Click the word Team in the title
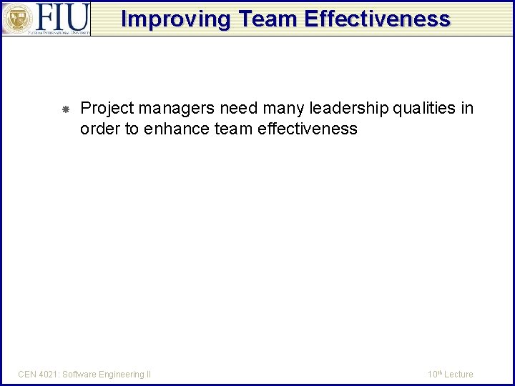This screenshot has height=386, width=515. point(265,19)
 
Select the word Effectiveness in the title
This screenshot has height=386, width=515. point(377,19)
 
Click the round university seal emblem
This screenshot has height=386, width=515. point(17,19)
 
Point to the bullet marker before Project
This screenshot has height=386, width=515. point(64,109)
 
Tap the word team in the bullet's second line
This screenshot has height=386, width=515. point(234,129)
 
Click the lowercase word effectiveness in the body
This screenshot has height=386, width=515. point(308,129)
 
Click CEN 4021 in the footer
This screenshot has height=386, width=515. point(37,374)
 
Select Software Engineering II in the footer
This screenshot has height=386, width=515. point(107,374)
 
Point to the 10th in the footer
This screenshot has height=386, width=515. point(435,374)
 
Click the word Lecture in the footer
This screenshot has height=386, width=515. point(459,374)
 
